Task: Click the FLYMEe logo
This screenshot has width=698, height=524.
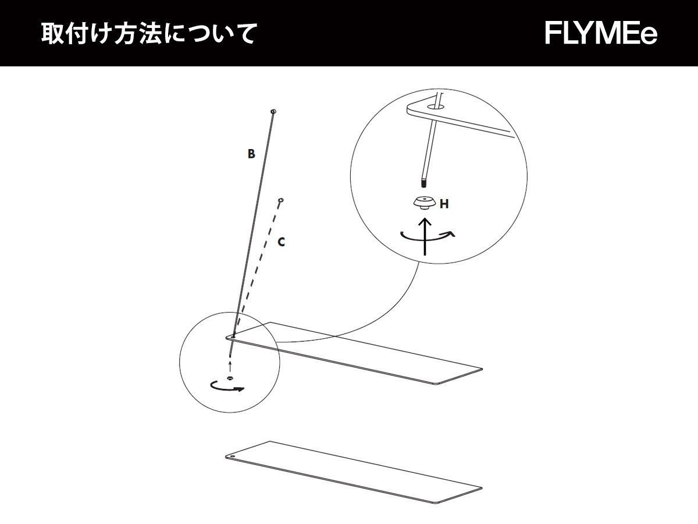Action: (601, 33)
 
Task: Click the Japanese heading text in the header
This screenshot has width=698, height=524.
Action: (148, 34)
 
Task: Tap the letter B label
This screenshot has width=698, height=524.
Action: (251, 154)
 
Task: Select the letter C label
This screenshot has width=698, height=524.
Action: (281, 242)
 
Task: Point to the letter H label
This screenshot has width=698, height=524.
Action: (444, 204)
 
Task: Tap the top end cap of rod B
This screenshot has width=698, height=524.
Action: (273, 111)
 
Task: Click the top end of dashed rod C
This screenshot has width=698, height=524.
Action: (281, 200)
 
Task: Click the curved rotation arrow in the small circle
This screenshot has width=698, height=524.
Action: (227, 387)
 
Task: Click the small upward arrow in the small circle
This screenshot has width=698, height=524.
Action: (230, 366)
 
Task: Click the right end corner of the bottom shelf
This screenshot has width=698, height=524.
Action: (480, 488)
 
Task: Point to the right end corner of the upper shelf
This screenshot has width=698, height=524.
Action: (480, 369)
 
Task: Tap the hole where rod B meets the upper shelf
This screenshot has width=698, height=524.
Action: (233, 336)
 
